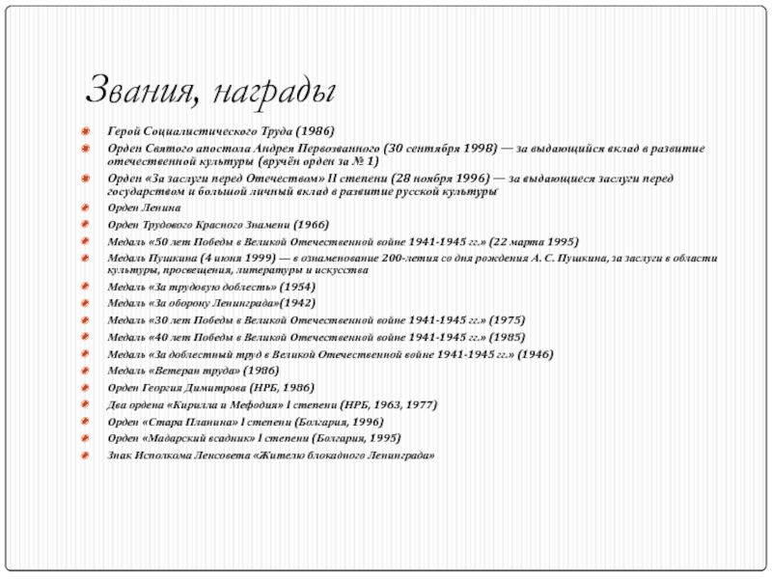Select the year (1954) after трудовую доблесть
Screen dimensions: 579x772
pos(295,287)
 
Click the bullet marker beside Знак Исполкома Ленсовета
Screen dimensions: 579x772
pos(85,455)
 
